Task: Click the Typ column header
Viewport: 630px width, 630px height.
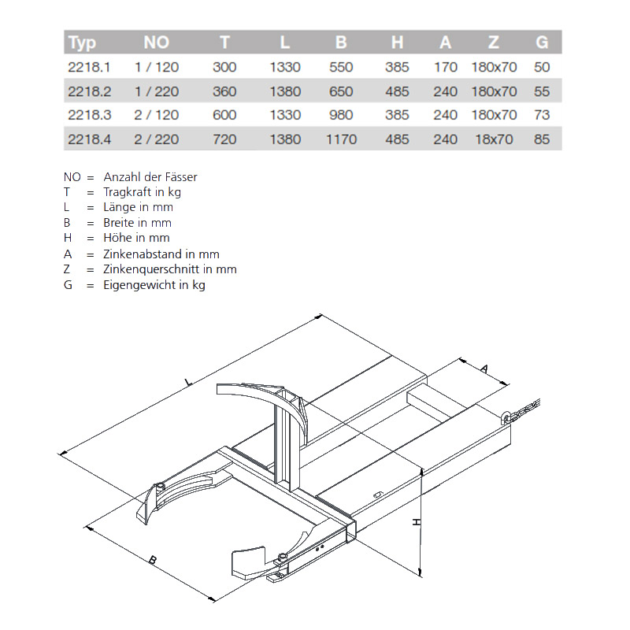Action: coord(82,43)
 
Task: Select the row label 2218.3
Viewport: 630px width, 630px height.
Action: coord(90,115)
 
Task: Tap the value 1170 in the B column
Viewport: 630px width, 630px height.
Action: coord(340,139)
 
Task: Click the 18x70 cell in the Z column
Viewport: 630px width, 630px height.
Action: coord(494,139)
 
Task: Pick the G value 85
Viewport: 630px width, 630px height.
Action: coord(542,139)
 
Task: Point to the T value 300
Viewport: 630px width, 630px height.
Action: coord(224,67)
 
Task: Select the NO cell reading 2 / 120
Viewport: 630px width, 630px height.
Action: coord(157,115)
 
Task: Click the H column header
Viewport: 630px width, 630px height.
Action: coord(397,43)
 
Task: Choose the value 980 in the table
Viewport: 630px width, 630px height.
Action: coord(340,115)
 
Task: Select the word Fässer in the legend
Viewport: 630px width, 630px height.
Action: coord(180,177)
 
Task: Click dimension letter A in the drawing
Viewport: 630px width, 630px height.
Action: coord(484,368)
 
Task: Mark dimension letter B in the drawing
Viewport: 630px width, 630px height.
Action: coord(153,560)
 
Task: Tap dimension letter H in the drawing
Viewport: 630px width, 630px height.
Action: coord(417,522)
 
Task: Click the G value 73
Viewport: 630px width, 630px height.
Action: coord(542,115)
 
